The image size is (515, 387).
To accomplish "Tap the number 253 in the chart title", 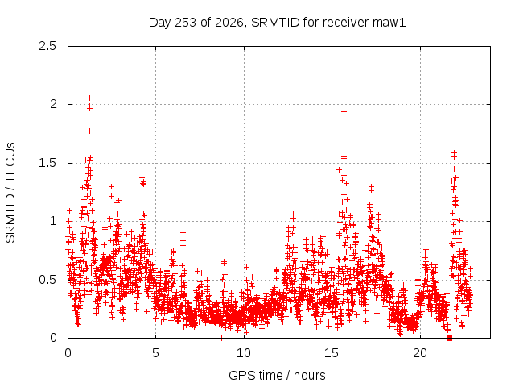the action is (x=186, y=23).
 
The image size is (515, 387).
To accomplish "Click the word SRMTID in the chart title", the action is (x=275, y=23).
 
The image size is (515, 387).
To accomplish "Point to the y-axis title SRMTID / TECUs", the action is (x=10, y=193).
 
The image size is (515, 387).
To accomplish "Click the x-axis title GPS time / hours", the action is (x=277, y=375).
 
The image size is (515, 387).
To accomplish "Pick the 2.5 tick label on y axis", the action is (x=47, y=46).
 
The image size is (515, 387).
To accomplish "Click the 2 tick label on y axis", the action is (x=53, y=104).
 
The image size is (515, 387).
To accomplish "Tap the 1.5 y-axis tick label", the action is (x=47, y=163).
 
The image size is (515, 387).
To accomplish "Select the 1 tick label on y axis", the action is (x=54, y=221).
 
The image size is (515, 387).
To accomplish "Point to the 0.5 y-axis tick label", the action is (x=47, y=280).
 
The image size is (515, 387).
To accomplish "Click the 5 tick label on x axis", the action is (x=155, y=353).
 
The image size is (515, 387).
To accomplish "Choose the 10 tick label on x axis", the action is (x=244, y=353).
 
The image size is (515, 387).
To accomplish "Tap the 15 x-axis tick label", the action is (x=332, y=353).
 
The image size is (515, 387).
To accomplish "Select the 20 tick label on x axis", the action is (x=420, y=353).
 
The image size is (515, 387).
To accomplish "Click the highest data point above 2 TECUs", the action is (x=89, y=98).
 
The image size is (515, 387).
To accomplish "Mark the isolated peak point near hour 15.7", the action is (x=344, y=112).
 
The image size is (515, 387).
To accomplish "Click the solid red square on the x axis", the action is (x=450, y=338).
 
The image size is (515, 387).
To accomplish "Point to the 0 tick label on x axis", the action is (x=68, y=353).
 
